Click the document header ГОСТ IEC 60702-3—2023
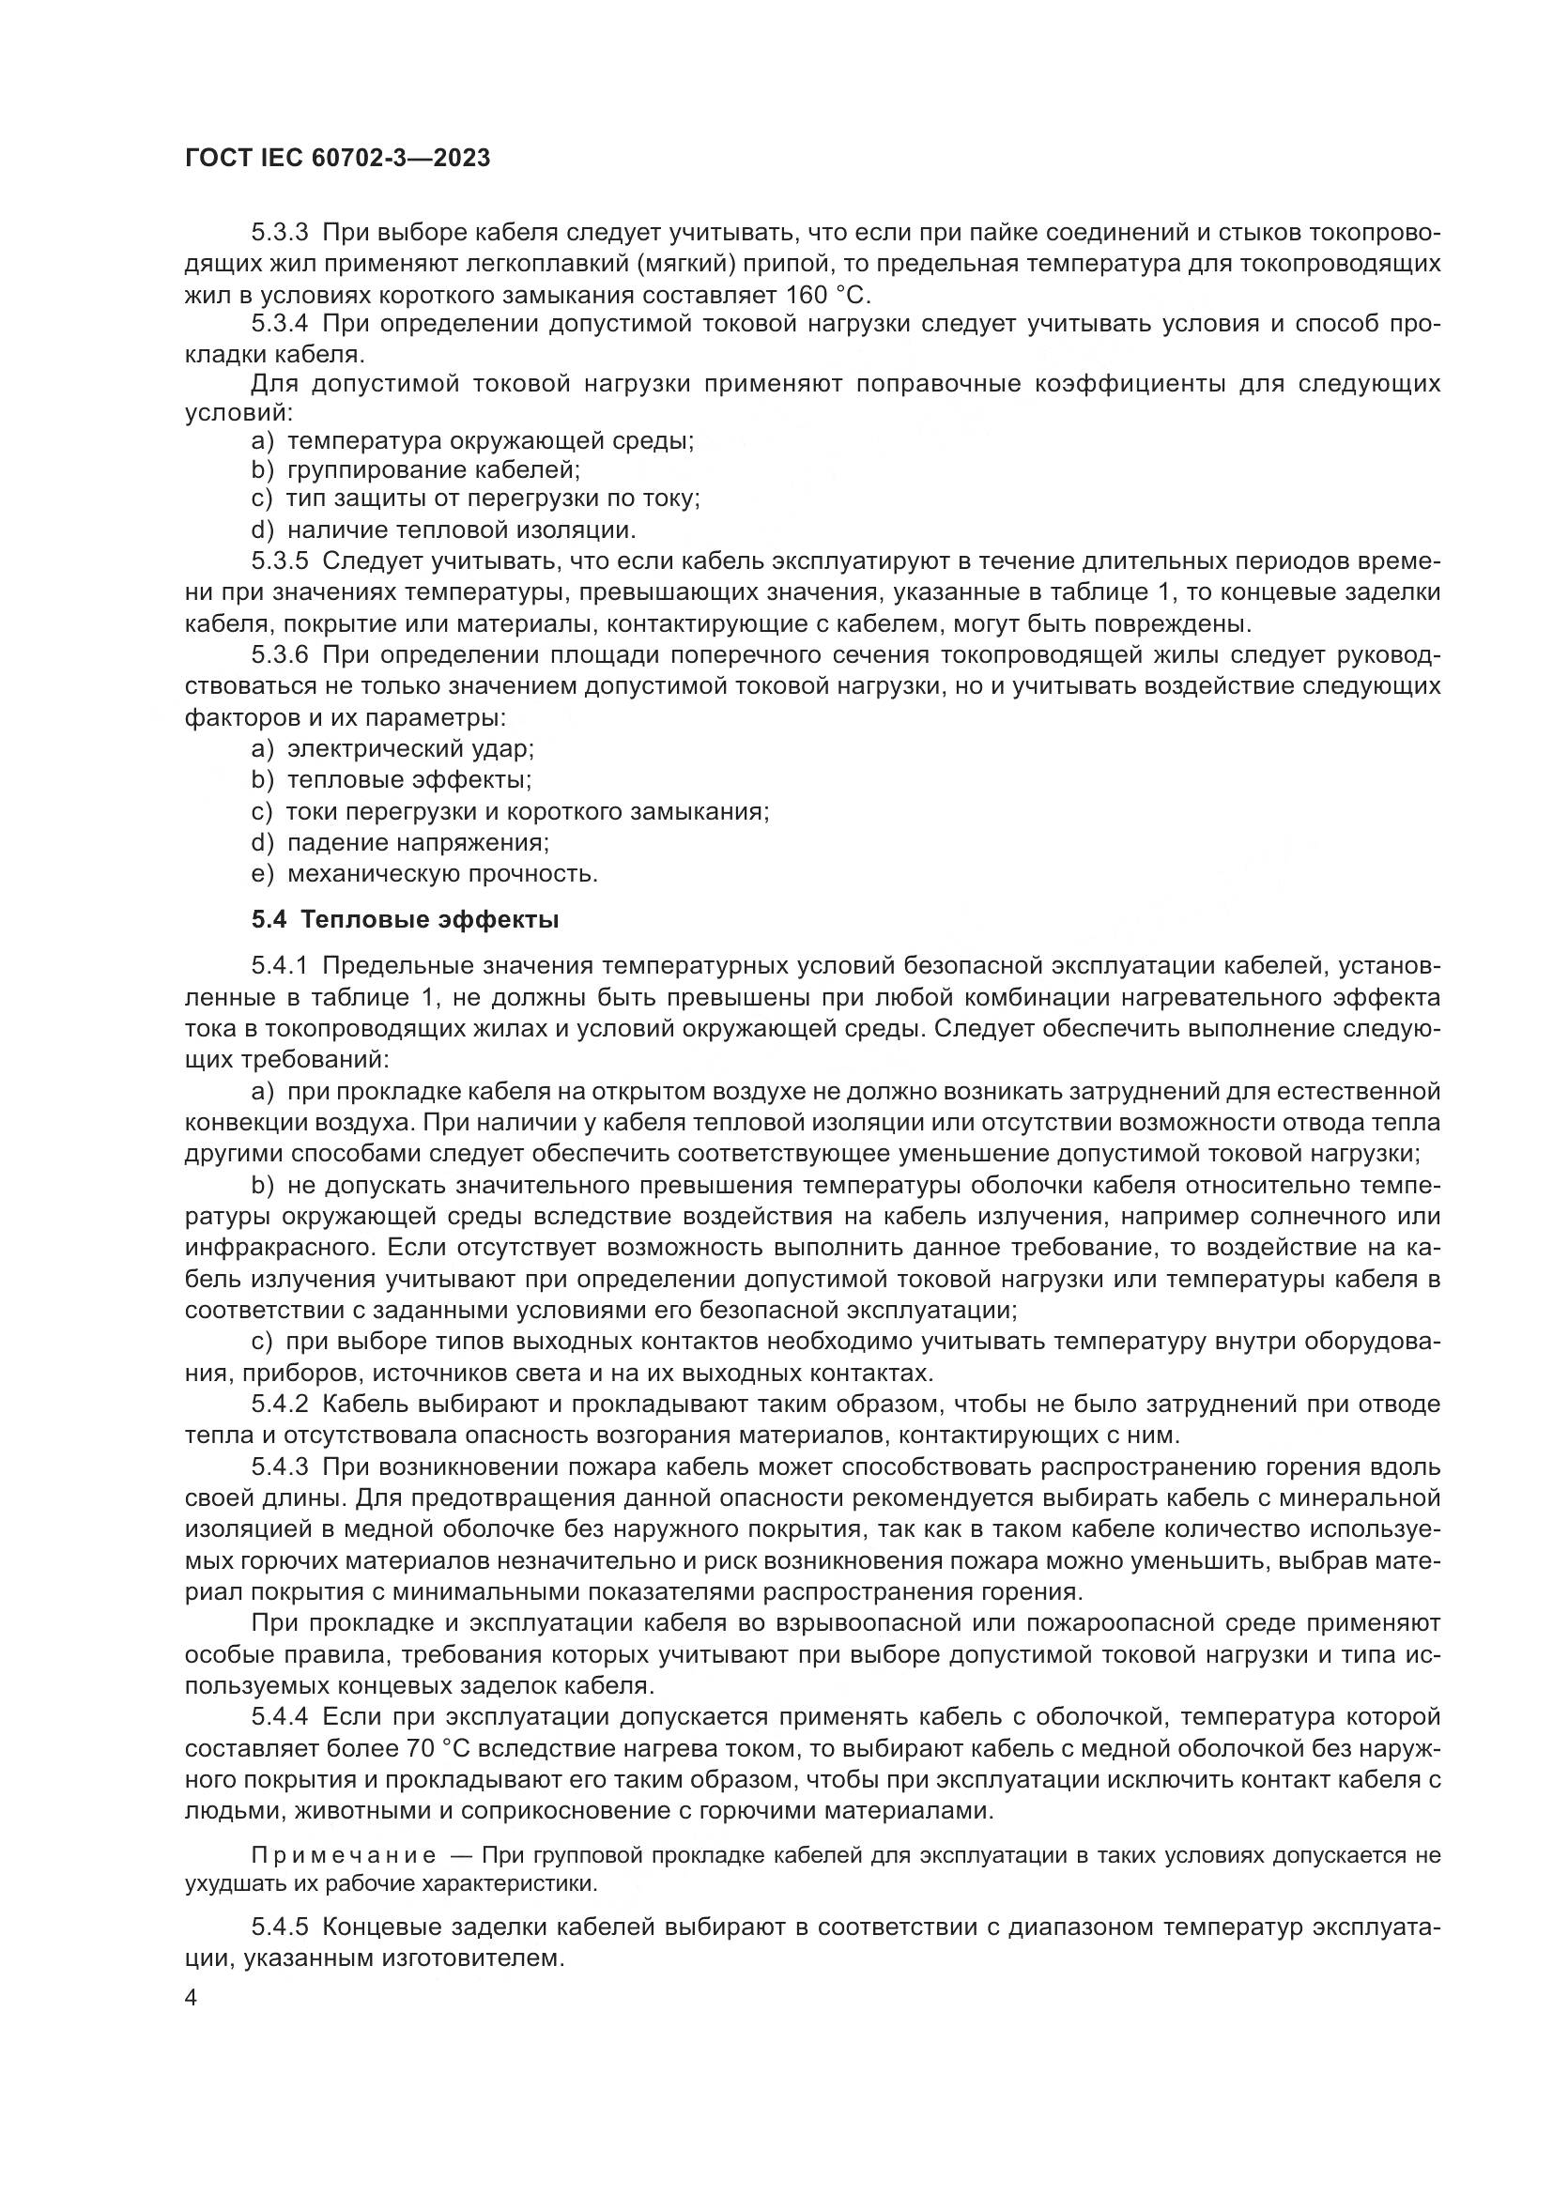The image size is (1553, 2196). (x=337, y=159)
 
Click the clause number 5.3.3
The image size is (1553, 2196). (x=280, y=234)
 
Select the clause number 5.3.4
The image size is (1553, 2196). (x=280, y=325)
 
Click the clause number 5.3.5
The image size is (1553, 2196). (x=280, y=561)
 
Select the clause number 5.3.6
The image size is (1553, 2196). (x=280, y=655)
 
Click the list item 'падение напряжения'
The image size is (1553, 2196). (x=418, y=842)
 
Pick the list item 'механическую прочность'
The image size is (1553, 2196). (x=442, y=873)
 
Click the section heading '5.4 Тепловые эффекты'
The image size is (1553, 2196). (x=406, y=920)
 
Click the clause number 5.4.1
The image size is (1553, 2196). (x=280, y=967)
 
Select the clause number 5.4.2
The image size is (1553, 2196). (x=280, y=1404)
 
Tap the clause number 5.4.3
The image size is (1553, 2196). (x=280, y=1467)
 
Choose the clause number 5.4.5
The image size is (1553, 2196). (x=280, y=1927)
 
